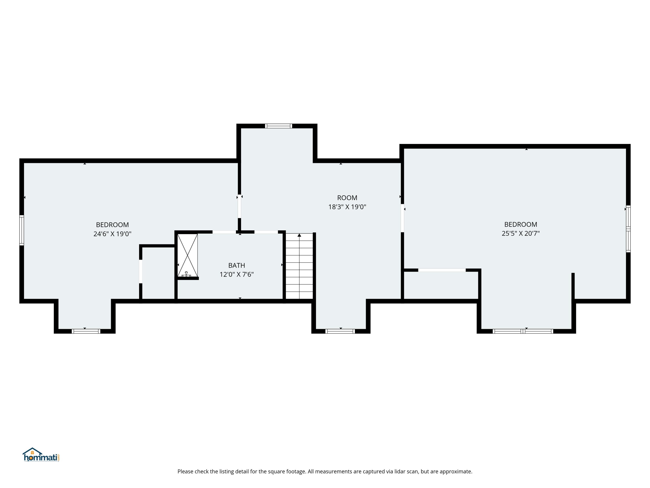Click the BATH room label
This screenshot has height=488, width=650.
(237, 265)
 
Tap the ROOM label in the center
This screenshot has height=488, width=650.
(347, 198)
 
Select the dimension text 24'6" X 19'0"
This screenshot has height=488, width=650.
(112, 234)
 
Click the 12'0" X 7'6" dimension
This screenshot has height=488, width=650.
(237, 274)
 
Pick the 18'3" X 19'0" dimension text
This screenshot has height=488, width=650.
(347, 207)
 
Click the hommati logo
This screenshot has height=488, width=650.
(41, 455)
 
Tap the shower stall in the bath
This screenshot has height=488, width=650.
(187, 255)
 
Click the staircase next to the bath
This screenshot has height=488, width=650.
(299, 266)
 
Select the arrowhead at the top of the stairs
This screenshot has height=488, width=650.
(299, 235)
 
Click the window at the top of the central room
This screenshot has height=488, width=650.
(279, 126)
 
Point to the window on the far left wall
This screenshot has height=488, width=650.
(21, 230)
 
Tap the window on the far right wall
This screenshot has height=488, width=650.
(628, 229)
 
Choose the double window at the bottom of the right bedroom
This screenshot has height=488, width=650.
(523, 331)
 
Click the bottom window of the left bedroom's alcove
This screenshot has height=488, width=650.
(86, 331)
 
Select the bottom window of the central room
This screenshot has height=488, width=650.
(340, 331)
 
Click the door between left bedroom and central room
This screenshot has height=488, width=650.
(239, 206)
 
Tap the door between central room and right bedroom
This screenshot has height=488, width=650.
(402, 218)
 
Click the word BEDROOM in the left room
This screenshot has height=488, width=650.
(112, 225)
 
